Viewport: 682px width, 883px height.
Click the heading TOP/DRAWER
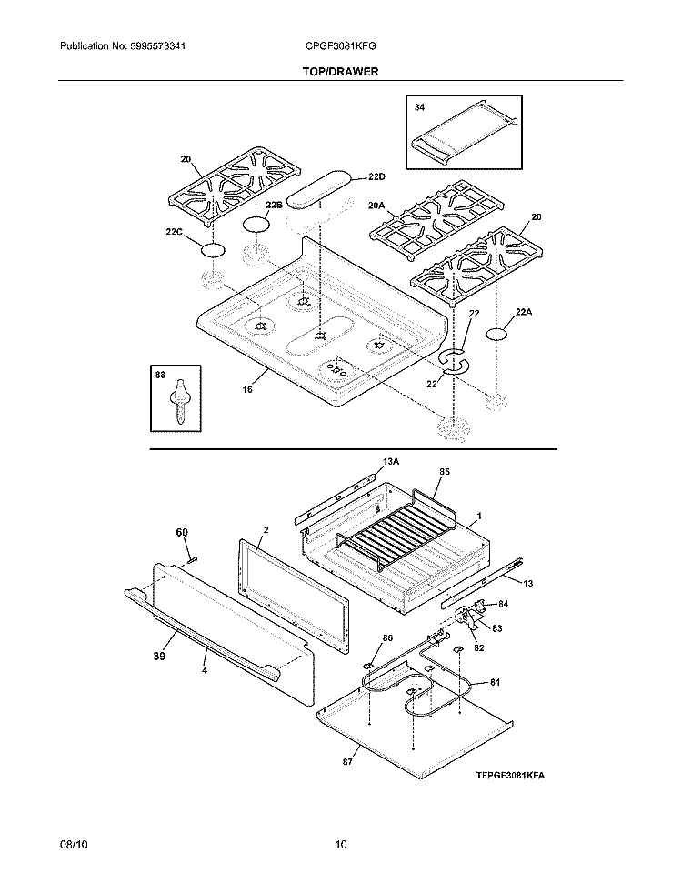point(341,70)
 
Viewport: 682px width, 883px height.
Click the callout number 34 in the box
point(419,107)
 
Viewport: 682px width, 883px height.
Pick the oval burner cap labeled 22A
point(496,335)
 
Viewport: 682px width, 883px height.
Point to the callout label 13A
point(391,462)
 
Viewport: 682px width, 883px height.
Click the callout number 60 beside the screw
point(182,531)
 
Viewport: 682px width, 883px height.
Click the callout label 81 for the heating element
point(495,682)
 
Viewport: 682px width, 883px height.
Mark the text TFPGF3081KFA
point(514,777)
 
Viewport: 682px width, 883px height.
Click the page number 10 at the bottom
point(341,846)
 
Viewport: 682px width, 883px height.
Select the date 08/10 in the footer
point(73,846)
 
